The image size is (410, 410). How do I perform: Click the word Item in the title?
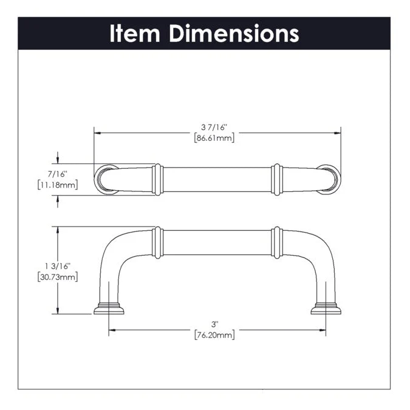(135, 33)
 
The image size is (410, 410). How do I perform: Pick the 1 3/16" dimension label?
(58, 266)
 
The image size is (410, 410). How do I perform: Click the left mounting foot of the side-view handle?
(109, 308)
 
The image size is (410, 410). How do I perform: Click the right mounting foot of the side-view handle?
(326, 308)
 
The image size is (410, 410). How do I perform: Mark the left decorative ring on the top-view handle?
(157, 179)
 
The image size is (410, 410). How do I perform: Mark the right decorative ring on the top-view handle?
(277, 179)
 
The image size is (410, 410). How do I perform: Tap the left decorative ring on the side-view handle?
(157, 242)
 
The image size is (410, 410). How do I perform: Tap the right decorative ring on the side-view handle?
(277, 242)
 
